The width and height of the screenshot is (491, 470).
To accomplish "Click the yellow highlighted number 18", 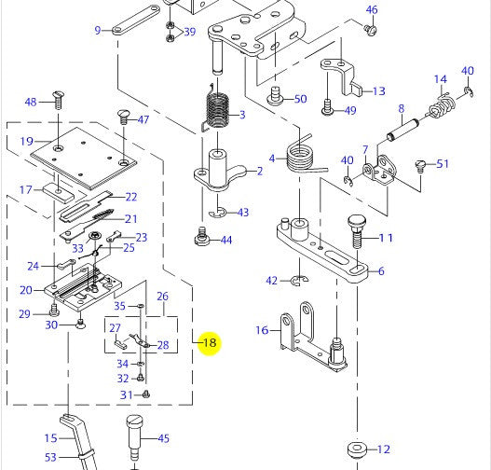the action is tap(210, 342).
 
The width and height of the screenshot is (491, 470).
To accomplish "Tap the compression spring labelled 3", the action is tap(216, 108).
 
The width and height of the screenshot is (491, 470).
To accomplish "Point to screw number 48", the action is tap(58, 100).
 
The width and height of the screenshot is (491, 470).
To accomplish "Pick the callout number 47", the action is tap(143, 119).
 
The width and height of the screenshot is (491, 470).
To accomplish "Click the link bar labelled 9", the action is tap(136, 20).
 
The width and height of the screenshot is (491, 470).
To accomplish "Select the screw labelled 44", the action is tap(201, 240).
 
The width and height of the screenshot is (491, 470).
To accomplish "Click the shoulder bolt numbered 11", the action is tap(356, 230).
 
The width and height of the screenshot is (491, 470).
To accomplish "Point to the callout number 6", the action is tap(381, 271).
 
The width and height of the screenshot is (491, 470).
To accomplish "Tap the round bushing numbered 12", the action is tap(357, 449).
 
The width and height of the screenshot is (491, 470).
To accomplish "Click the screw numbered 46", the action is tap(371, 30).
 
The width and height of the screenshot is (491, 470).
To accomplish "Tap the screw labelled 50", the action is tap(275, 96).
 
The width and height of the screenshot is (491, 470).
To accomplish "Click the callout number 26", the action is tap(162, 297).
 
